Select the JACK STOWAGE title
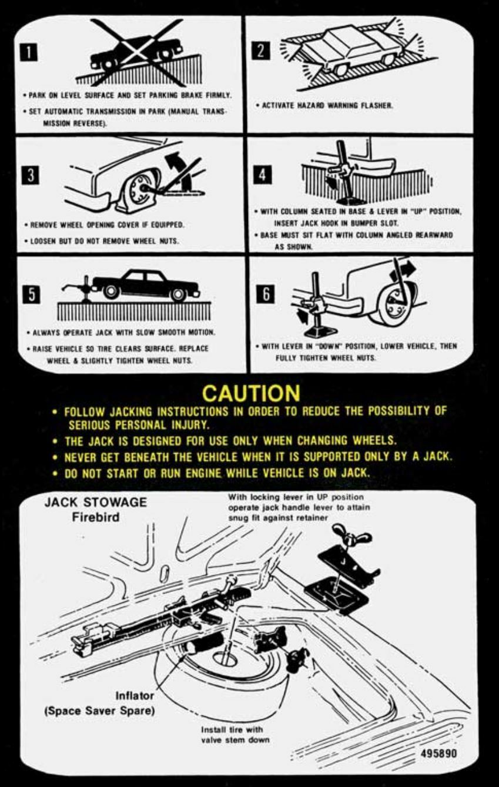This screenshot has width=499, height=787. pos(96,504)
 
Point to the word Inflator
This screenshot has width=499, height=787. pos(135,696)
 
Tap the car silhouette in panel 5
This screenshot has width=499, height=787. pos(145,284)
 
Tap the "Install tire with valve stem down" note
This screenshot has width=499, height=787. pos(235,735)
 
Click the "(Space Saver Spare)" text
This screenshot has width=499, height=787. pos(100,711)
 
